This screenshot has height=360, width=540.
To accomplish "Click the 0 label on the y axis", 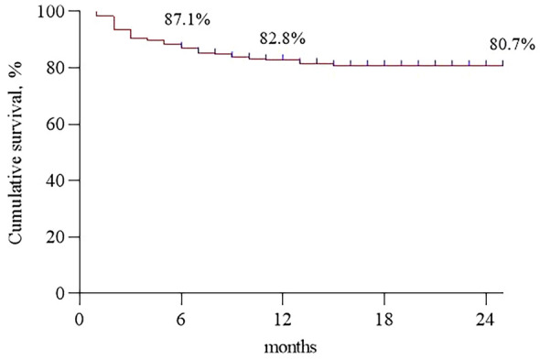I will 65,293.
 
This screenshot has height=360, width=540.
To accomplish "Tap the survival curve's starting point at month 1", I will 97,15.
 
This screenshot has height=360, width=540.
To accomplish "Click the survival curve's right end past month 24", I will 502,65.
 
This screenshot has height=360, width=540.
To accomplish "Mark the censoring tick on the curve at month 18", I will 384,63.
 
